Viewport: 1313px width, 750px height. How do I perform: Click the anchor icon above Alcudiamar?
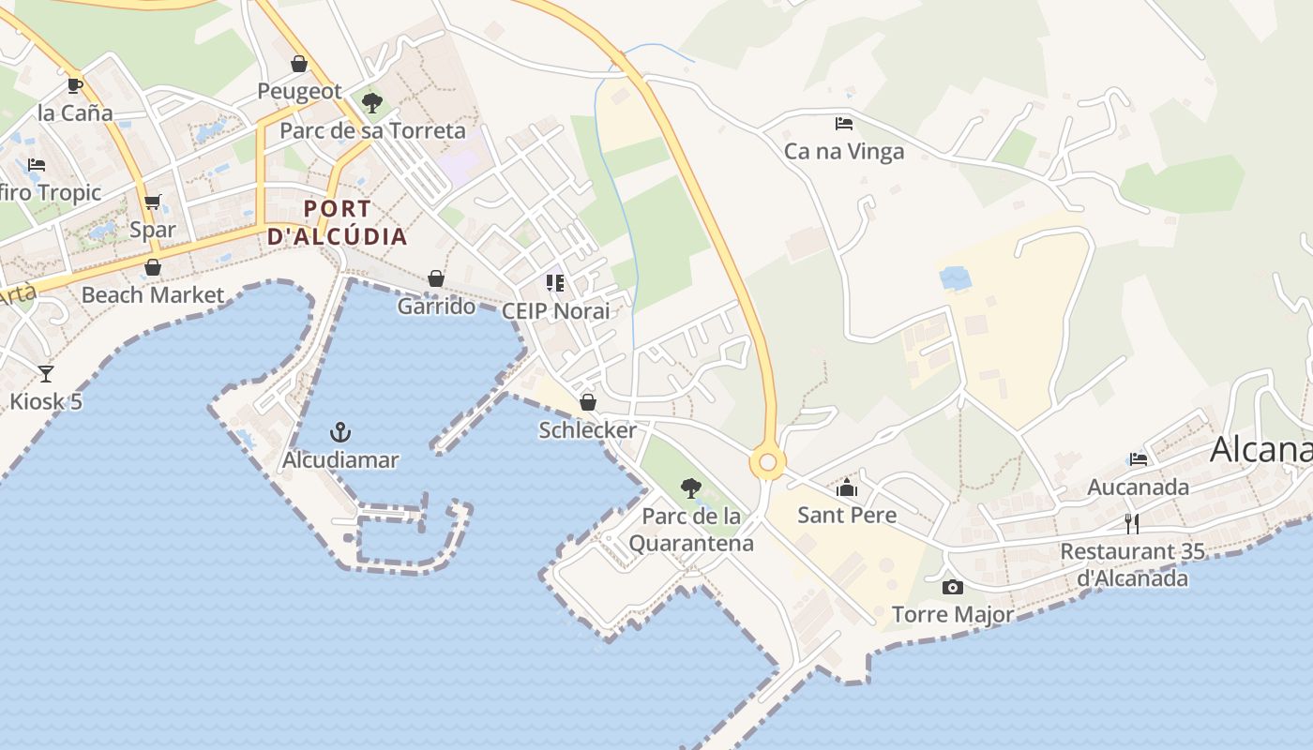click(x=340, y=432)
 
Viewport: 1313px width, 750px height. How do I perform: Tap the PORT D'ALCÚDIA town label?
click(x=338, y=222)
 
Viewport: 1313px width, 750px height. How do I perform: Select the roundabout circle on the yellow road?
click(x=767, y=461)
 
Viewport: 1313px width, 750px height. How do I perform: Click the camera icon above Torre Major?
click(x=953, y=588)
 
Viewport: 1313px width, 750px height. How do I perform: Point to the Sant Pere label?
click(x=847, y=515)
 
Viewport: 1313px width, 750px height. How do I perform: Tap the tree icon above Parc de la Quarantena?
click(x=691, y=487)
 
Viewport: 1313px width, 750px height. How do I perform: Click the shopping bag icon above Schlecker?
click(x=588, y=402)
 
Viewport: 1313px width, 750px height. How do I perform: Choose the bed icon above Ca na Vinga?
click(x=844, y=123)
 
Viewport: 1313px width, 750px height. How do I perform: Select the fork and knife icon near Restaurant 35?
click(x=1132, y=523)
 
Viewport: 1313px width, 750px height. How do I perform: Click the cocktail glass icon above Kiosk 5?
click(x=46, y=374)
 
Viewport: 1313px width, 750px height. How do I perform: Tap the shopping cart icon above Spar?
click(x=153, y=202)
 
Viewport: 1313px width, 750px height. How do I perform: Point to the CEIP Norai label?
click(x=555, y=310)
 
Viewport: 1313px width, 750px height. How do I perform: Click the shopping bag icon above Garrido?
click(x=436, y=278)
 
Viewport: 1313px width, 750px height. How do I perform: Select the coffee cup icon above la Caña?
click(x=75, y=85)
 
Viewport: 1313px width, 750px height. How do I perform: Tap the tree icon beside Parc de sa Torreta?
click(x=372, y=102)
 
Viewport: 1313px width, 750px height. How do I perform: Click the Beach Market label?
click(x=153, y=295)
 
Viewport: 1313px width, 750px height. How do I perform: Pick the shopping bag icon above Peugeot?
click(x=299, y=64)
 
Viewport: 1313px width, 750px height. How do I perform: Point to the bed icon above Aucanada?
click(x=1139, y=459)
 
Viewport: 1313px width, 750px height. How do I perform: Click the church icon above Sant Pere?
click(x=847, y=487)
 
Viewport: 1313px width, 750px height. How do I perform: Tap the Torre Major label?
click(x=953, y=615)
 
